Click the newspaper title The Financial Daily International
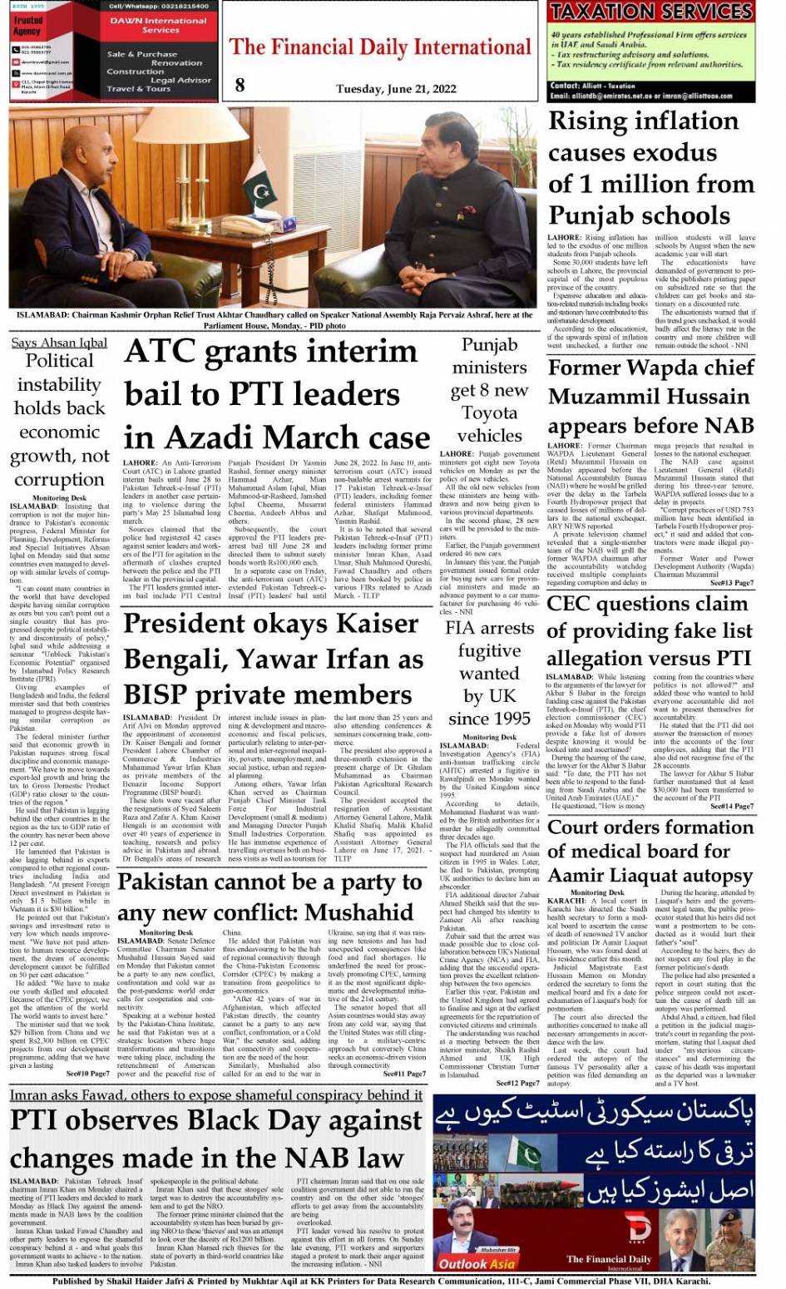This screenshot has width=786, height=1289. (x=379, y=47)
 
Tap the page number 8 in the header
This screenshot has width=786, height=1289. (x=240, y=84)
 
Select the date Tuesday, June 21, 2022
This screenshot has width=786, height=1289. (x=396, y=88)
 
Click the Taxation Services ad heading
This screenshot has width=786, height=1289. (x=651, y=12)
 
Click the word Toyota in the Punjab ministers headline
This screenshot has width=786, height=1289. (x=489, y=412)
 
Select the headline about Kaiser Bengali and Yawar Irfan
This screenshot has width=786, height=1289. (x=273, y=659)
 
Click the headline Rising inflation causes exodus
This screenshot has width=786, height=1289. (x=642, y=168)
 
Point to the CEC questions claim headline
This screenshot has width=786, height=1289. (x=648, y=630)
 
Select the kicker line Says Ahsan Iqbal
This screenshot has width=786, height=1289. (x=59, y=343)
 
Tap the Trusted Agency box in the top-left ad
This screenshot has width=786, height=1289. (x=27, y=26)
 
